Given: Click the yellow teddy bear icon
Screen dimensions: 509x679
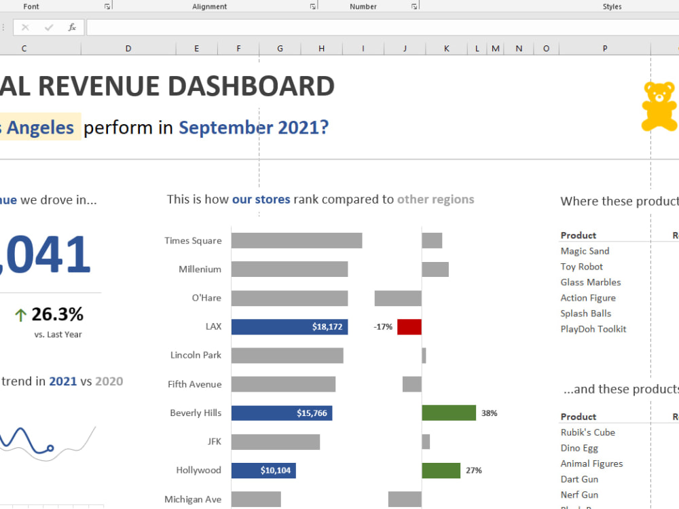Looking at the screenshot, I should point(659,107).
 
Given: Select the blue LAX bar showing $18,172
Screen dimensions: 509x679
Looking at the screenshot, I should point(289,326).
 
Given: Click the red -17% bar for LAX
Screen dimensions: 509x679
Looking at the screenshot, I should point(409,326).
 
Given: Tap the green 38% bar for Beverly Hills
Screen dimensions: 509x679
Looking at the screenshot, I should point(448,413).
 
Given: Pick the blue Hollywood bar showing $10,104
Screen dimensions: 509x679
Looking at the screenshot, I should point(263,470).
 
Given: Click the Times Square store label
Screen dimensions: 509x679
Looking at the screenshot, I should point(193,240).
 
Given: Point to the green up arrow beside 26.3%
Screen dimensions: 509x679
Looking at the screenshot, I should point(20,315).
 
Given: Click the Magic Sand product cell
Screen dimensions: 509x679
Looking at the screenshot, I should point(585,251).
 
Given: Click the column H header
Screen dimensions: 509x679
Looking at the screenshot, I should point(321,49).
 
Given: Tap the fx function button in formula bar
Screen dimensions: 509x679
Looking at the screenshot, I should point(72,28).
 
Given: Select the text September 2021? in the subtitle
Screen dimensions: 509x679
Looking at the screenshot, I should point(253,127).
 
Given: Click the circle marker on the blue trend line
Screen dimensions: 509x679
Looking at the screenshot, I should point(50,448).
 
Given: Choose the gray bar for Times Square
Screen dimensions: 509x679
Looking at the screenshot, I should point(296,240).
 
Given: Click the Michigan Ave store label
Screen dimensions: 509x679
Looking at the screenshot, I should point(193,499).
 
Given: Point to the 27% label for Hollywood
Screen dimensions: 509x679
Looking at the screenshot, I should point(473,470).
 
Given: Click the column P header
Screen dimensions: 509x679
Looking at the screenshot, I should point(604,49).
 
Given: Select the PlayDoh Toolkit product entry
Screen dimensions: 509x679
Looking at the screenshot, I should point(593,329).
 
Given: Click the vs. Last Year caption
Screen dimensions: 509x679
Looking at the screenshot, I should point(58,335).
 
